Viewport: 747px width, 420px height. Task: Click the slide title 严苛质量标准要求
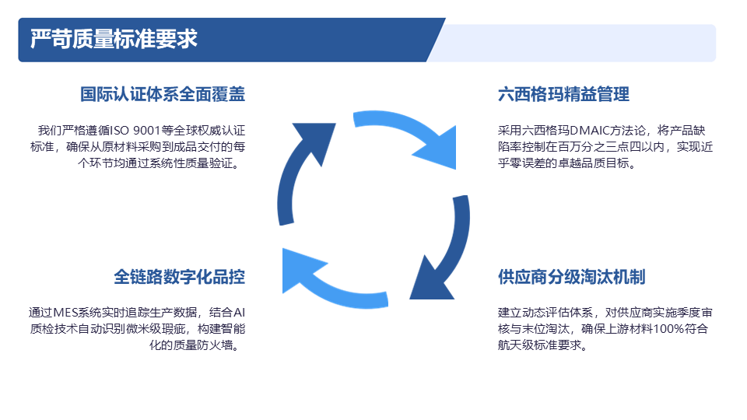coord(114,39)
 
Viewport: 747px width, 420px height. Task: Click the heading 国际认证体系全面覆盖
coord(163,94)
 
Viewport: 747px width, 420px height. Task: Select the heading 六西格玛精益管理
coord(563,94)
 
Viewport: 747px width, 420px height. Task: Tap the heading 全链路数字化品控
coord(179,277)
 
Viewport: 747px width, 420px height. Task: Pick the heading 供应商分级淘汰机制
coord(571,277)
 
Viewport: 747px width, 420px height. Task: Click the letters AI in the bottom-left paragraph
coord(240,313)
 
